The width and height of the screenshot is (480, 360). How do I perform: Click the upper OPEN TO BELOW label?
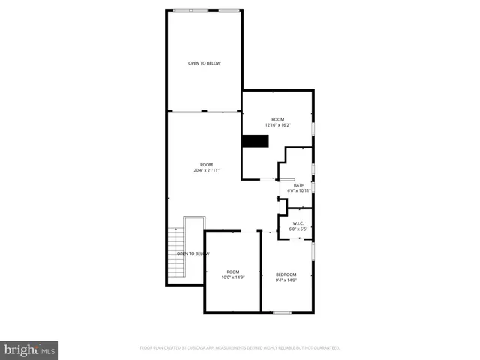204,63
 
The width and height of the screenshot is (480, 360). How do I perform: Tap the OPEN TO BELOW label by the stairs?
193,253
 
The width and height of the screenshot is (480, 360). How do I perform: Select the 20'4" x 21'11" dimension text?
206,170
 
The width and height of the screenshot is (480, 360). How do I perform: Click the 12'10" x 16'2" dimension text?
277,125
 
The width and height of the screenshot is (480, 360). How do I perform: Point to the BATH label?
299,185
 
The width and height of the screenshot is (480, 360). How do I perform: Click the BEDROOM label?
286,274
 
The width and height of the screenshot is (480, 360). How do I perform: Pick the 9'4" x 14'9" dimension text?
286,280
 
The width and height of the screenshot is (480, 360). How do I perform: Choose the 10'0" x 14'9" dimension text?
233,277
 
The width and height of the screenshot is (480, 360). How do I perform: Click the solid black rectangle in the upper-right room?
254,142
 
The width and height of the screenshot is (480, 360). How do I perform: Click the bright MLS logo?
29,349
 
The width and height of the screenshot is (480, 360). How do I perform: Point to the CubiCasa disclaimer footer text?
240,348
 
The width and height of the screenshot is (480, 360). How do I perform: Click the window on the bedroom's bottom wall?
282,312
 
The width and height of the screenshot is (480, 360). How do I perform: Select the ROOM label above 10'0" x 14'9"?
233,271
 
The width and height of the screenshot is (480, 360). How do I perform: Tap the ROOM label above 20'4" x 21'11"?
206,164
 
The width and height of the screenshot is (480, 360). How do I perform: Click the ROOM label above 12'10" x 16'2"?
277,119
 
